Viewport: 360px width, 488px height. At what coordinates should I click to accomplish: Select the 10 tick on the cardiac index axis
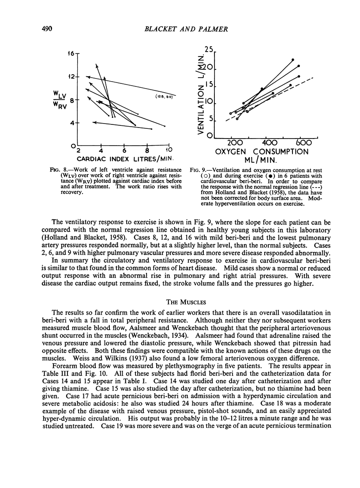(x=169, y=150)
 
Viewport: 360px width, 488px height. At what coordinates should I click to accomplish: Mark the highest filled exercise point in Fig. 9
(x=292, y=60)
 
